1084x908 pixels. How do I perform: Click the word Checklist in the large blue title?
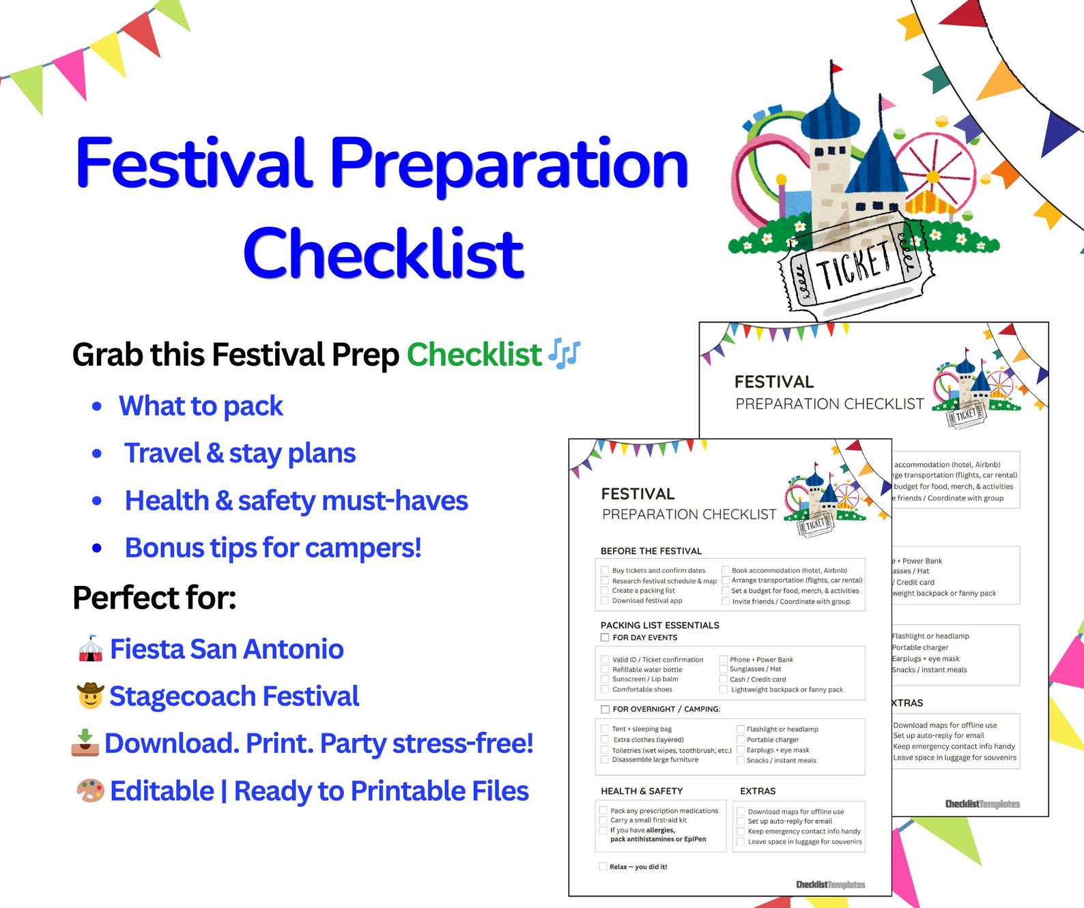pos(383,254)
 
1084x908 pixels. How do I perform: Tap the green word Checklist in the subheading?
pos(474,355)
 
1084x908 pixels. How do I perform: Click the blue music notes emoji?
pos(565,353)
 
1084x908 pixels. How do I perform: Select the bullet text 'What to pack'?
pos(201,406)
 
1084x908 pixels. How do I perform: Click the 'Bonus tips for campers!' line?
pos(273,548)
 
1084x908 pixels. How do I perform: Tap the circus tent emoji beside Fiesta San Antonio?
pos(90,649)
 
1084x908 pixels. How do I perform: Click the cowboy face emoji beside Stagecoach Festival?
pos(90,697)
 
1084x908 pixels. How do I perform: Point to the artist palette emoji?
pos(90,791)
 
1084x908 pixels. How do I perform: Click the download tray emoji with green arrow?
pos(85,743)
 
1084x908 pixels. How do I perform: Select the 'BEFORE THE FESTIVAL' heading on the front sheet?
pos(651,551)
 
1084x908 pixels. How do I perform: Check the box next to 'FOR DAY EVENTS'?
pos(605,638)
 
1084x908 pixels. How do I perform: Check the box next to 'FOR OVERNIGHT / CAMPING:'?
pos(605,709)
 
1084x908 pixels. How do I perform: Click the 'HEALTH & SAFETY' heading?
pos(642,791)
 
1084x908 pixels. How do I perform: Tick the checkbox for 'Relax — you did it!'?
pos(603,867)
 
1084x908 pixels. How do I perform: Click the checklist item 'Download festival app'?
pos(646,601)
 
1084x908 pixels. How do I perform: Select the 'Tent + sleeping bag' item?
pos(642,729)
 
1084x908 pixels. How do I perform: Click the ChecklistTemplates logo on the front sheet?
pos(830,885)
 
